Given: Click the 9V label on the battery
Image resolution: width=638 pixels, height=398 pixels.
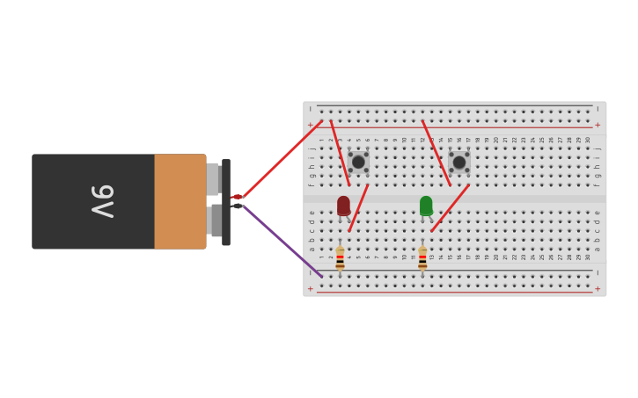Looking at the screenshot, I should point(102,201).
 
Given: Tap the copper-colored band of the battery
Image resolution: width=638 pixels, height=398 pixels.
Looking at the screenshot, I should point(180,201).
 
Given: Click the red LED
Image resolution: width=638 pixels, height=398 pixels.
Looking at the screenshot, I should point(343,206).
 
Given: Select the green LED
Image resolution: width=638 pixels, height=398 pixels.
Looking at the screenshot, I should point(426,206).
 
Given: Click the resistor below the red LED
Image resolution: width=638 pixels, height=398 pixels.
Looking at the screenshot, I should point(340,258).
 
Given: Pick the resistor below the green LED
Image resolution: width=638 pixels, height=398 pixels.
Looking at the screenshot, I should point(422,258).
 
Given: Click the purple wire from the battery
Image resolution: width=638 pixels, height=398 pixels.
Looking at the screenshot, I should point(282,242).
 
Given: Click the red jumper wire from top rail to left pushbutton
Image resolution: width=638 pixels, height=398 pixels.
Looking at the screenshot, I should point(340,153).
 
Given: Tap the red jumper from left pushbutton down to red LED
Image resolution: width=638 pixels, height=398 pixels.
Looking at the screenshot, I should point(358,208).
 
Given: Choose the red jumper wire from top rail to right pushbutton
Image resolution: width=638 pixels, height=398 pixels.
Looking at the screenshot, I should point(436,153).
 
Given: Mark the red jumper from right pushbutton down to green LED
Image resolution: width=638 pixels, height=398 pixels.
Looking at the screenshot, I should point(450,208).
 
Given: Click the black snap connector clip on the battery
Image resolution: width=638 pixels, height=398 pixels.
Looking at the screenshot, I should point(226,202).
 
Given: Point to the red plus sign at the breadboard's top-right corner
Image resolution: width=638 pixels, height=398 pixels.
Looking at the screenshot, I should point(598,125).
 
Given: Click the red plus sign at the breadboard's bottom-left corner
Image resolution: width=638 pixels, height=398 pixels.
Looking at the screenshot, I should point(310,288).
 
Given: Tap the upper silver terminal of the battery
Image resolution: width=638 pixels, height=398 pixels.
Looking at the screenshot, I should point(212,178).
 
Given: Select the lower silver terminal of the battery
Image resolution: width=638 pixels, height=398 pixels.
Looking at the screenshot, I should point(215,221).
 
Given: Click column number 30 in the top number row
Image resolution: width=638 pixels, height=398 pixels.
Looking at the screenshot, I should point(588,140).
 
